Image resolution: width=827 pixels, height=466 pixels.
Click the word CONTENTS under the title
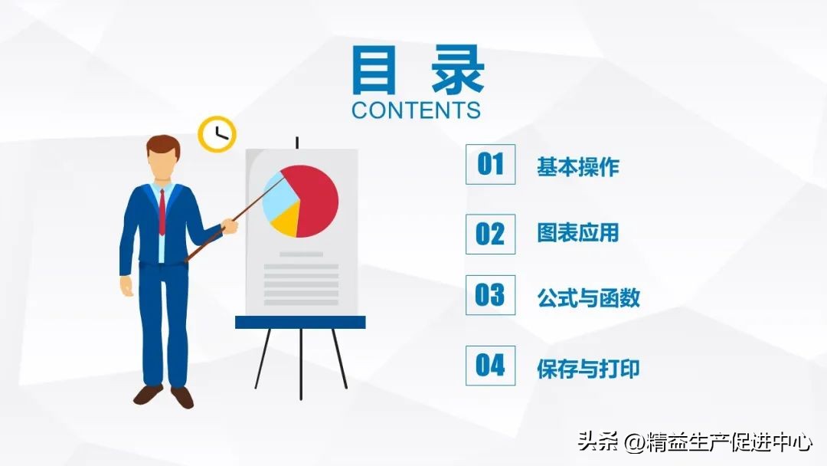[416, 110]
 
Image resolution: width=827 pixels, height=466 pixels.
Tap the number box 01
[490, 164]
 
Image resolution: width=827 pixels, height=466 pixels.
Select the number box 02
[490, 234]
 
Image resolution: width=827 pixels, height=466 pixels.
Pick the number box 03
[490, 295]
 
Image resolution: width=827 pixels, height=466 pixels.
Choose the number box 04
[490, 366]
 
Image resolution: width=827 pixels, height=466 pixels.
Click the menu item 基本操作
[577, 167]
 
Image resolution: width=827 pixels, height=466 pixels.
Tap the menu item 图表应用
[577, 234]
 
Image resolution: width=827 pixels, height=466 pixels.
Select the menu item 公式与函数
[588, 298]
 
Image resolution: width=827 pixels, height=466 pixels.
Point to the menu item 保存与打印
[588, 369]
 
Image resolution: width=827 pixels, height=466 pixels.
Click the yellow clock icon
[217, 134]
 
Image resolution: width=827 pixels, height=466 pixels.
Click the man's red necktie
[162, 211]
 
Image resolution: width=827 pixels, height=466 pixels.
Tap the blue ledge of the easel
[300, 322]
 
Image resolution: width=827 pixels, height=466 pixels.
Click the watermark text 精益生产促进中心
[729, 442]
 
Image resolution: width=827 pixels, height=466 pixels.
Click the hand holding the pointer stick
[229, 225]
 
